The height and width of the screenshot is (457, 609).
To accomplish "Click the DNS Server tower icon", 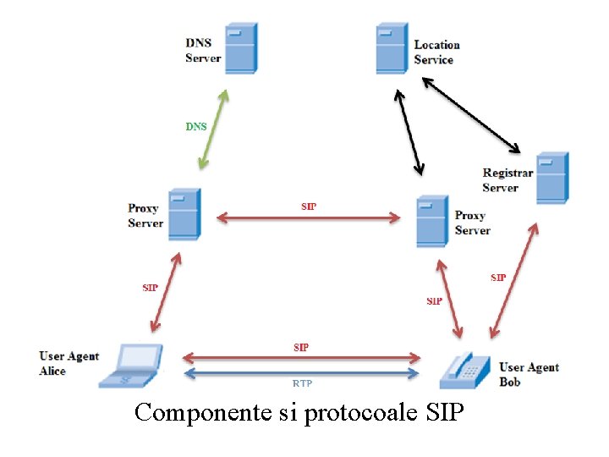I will [241, 49].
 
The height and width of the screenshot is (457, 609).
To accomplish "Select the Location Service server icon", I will [392, 49].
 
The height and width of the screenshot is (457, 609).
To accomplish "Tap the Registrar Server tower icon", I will [552, 178].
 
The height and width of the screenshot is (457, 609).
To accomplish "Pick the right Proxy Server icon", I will [431, 221].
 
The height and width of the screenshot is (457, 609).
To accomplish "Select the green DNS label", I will [196, 127].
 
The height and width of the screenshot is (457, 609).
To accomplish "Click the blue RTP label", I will [302, 383].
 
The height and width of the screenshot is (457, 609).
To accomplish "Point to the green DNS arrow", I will [215, 129].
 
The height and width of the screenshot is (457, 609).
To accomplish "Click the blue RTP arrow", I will [302, 372].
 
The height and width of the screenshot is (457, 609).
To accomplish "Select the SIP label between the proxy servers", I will [310, 206].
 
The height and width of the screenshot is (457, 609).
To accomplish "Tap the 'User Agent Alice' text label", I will [69, 364].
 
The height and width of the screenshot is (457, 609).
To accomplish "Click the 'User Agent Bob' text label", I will [529, 374].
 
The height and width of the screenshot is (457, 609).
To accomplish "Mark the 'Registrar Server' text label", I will [507, 180].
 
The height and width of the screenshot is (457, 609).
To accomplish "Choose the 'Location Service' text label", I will [436, 52].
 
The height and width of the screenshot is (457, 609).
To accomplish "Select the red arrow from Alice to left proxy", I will [165, 293].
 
